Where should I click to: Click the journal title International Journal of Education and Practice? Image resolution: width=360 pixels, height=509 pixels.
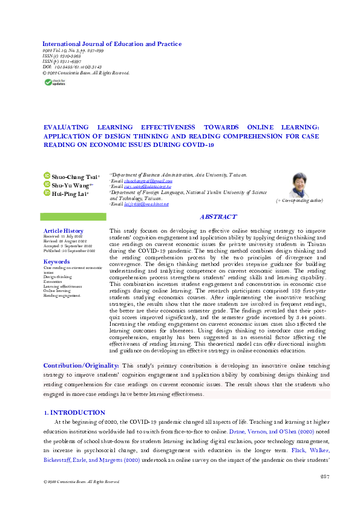coord(111,44)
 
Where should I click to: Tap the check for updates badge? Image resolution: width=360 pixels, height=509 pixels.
coord(53,82)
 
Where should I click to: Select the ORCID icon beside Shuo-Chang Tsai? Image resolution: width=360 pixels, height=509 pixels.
coord(46,176)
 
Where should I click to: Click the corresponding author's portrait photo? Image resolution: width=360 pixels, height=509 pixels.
coord(299,184)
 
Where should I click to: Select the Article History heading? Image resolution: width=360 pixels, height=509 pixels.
coord(64,231)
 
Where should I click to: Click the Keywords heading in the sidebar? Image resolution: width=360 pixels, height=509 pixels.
coord(57,261)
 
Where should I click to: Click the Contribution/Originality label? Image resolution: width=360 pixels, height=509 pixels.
coord(81,366)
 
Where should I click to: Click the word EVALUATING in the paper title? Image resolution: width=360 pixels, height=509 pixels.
coord(68,128)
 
